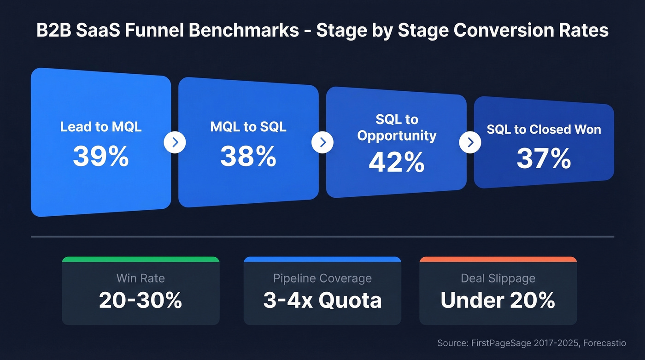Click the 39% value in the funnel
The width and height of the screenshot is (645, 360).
pos(100,157)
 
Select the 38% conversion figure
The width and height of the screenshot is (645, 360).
pos(248,157)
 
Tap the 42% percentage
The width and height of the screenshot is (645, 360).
pos(396,162)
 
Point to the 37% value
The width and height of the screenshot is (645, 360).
pos(544,159)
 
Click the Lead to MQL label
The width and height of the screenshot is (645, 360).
pos(100,127)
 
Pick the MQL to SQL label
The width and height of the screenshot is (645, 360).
pos(248,127)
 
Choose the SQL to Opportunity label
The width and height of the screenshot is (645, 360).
pos(396,128)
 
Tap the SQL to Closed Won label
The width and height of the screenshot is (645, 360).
pos(544,130)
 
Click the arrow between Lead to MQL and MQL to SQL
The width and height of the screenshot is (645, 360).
pos(175,143)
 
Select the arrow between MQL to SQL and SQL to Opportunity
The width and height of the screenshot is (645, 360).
pos(322,143)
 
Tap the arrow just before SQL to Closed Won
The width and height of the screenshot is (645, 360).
pos(470,143)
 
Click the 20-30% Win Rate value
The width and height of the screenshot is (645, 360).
pos(141,301)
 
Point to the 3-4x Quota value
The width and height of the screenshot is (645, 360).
pos(322,301)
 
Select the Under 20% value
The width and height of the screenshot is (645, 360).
pos(498,301)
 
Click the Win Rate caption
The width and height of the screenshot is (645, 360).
pos(141,278)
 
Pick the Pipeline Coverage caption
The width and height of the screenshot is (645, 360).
pos(322,278)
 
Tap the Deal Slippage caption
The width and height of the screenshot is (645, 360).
pos(498,278)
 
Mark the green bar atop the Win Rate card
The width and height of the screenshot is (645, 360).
pos(141,259)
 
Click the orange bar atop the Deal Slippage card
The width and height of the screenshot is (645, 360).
pos(498,259)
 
